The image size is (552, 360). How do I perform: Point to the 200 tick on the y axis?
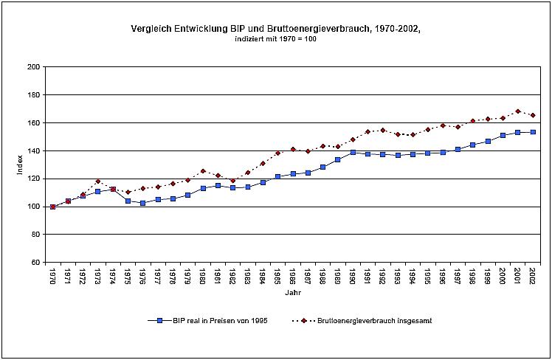[x=33, y=67]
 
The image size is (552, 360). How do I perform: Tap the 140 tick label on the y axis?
[x=33, y=150]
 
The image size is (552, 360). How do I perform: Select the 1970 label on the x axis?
[x=52, y=276]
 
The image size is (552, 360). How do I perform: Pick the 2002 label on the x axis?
[x=533, y=276]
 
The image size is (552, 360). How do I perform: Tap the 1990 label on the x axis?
[x=353, y=276]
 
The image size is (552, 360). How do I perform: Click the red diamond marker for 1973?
[x=97, y=181]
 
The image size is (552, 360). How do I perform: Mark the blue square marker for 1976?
[x=142, y=203]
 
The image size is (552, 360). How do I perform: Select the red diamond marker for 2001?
[x=517, y=111]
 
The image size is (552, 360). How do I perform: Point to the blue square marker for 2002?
[x=533, y=132]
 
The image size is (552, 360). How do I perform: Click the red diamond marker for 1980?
[x=203, y=171]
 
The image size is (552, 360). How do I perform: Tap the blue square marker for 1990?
[x=353, y=152]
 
